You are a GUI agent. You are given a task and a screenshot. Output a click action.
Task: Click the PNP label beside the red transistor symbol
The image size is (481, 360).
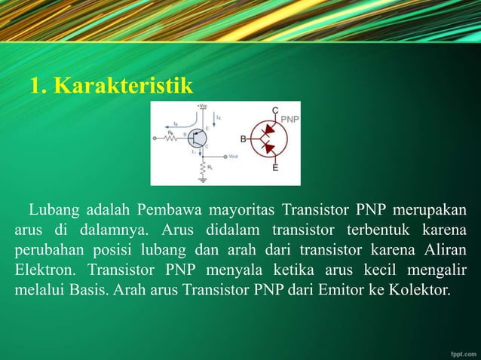pyautogui.click(x=290, y=119)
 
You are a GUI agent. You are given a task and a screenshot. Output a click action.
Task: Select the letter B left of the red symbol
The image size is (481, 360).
pyautogui.click(x=244, y=139)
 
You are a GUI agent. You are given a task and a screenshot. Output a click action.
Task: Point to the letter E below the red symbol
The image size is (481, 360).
pyautogui.click(x=276, y=168)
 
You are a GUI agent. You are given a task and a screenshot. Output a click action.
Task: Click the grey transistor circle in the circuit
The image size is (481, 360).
pyautogui.click(x=197, y=139)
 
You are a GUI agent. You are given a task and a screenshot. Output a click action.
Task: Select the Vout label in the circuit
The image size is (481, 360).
pyautogui.click(x=234, y=156)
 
